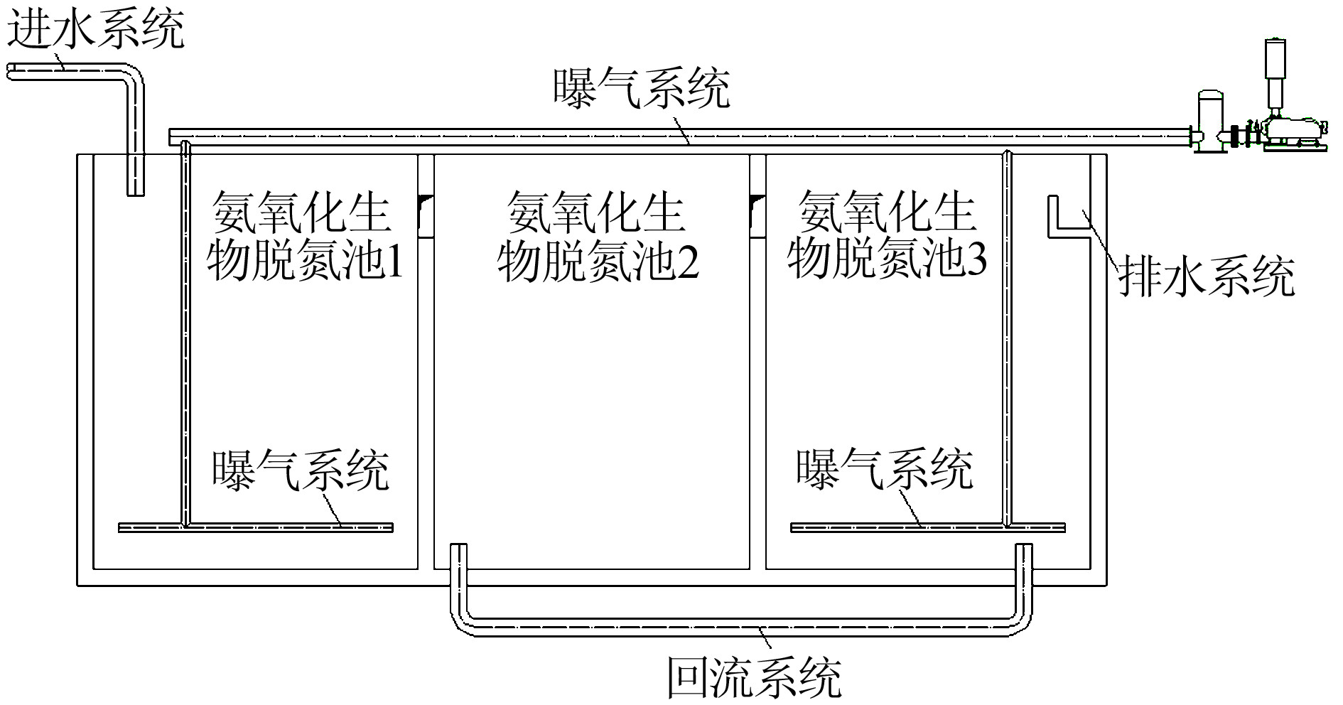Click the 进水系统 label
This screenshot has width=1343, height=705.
pyautogui.click(x=96, y=28)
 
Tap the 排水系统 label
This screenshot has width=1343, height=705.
pyautogui.click(x=1207, y=277)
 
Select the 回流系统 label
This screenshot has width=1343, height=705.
pyautogui.click(x=754, y=679)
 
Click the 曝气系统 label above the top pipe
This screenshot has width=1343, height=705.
pyautogui.click(x=642, y=89)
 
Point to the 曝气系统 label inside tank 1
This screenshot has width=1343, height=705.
pyautogui.click(x=301, y=470)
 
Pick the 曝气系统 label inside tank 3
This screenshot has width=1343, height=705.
pyautogui.click(x=884, y=469)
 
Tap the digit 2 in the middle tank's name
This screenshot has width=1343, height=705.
pyautogui.click(x=687, y=261)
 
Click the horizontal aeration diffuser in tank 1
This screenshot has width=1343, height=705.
pyautogui.click(x=256, y=527)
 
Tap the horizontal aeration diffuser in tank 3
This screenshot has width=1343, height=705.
pyautogui.click(x=927, y=527)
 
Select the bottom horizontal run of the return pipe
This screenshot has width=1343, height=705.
pyautogui.click(x=743, y=628)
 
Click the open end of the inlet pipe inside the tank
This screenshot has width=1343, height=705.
pyautogui.click(x=135, y=190)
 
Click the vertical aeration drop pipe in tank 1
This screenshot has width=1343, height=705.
pyautogui.click(x=185, y=334)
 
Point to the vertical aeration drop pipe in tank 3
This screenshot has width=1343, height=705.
pyautogui.click(x=1007, y=341)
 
